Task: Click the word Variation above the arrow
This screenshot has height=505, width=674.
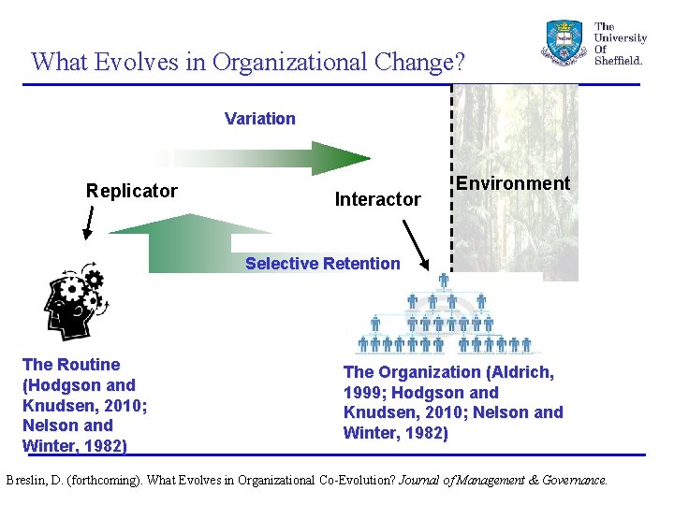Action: [x=259, y=119]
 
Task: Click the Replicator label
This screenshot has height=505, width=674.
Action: [x=131, y=191]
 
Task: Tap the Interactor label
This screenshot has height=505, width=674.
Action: [x=377, y=199]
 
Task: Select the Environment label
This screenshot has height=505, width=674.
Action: [x=513, y=183]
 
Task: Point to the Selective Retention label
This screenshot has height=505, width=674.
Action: [x=322, y=264]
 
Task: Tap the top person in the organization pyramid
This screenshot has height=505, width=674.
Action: [x=444, y=280]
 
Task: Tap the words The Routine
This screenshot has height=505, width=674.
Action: [x=71, y=365]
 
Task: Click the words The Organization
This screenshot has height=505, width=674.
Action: [x=411, y=372]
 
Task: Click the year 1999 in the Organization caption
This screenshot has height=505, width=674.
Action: [x=364, y=393]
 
